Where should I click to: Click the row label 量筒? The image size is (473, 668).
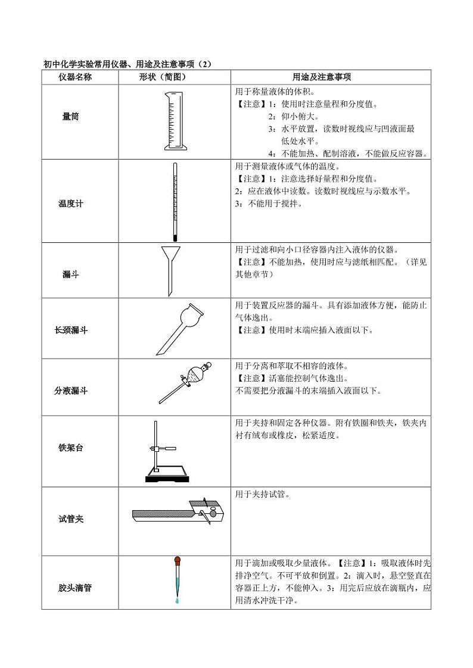coord(70,117)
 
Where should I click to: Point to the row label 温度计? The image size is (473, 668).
coord(70,204)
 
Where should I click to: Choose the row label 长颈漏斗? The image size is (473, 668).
coord(70,329)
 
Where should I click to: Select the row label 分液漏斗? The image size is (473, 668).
coord(70,391)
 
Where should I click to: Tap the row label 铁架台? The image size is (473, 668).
coord(70,447)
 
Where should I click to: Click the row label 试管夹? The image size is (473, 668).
coord(70,519)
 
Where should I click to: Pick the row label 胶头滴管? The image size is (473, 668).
coord(70,588)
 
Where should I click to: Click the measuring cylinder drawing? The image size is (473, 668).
coord(171,121)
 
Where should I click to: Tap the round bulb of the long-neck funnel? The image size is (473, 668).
coord(194,313)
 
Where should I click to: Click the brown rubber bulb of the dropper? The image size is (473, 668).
coord(178,560)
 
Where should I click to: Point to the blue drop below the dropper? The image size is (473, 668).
coord(177,602)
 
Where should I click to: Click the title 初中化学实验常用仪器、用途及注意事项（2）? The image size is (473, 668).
coord(127,64)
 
